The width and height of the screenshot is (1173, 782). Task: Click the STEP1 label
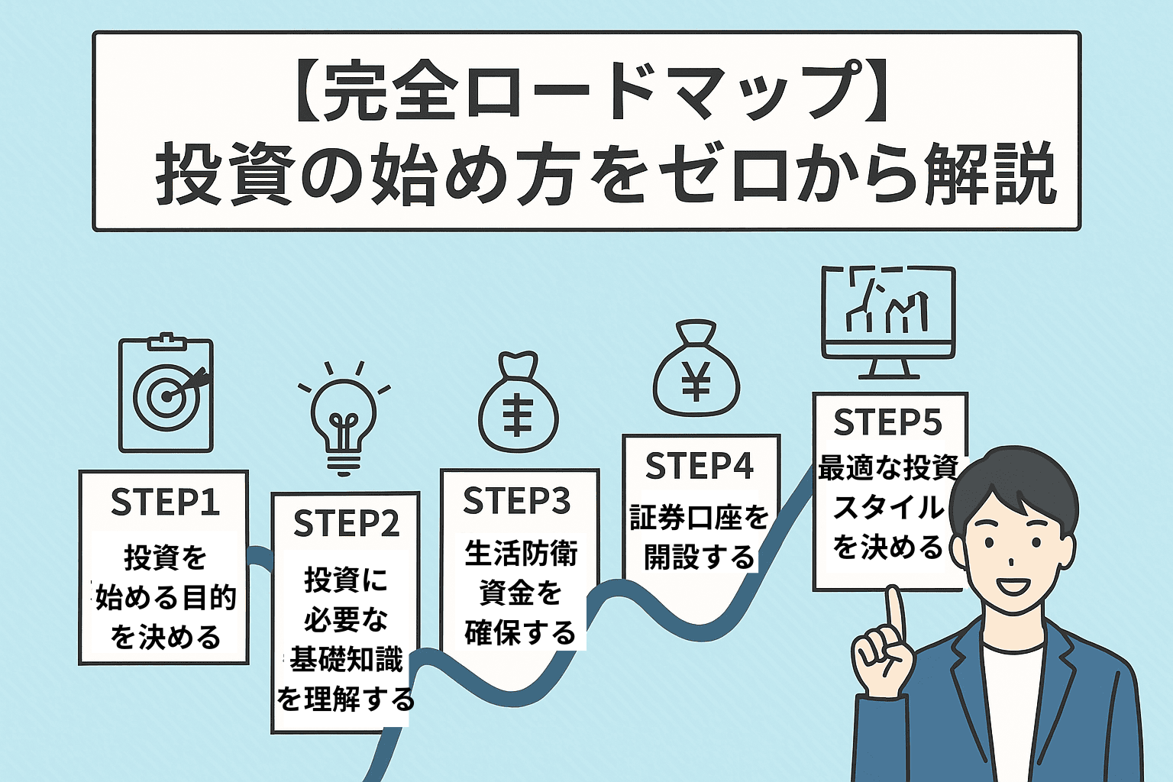click(165, 502)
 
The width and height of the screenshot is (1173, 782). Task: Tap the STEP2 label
click(346, 523)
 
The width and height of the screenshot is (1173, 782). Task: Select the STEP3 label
click(517, 500)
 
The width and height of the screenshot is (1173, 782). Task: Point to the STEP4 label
click(700, 465)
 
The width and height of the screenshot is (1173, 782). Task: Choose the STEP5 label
click(887, 422)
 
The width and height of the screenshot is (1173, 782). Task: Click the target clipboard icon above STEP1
click(166, 394)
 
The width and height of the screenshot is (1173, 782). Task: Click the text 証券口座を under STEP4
click(700, 518)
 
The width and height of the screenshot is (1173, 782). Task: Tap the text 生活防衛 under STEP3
click(521, 553)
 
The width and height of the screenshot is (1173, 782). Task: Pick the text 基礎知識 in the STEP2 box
click(346, 659)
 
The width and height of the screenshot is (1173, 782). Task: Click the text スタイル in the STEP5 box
click(887, 507)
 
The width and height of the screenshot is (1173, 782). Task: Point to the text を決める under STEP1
click(166, 637)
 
